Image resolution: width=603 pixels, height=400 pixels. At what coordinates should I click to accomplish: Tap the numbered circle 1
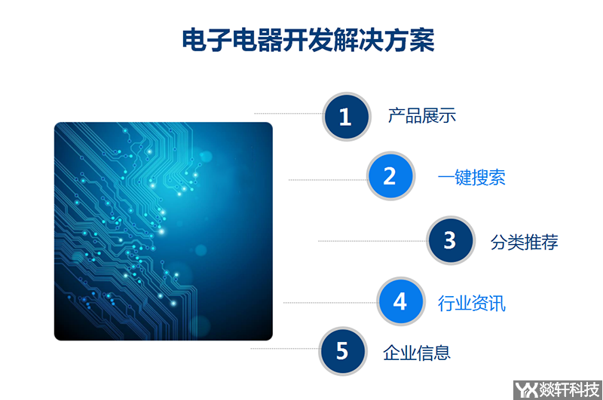tap(346, 117)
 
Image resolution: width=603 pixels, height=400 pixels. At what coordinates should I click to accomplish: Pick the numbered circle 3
tap(450, 240)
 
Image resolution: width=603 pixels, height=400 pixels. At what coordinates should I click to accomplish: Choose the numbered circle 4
tap(400, 301)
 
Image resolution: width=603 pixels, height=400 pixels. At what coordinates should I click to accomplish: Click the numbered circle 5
tap(342, 351)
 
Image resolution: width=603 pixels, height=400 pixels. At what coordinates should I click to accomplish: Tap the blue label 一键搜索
tap(472, 177)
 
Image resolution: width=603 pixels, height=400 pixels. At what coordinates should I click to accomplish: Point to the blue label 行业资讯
tap(472, 303)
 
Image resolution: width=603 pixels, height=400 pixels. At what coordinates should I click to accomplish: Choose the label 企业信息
tap(416, 352)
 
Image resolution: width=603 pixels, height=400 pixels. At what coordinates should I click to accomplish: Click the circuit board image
tap(163, 231)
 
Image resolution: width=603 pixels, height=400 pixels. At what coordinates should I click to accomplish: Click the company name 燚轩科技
tap(568, 389)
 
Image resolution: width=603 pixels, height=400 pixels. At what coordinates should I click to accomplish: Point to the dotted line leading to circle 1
tap(287, 114)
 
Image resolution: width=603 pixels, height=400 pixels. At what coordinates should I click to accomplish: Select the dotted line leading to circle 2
tap(326, 179)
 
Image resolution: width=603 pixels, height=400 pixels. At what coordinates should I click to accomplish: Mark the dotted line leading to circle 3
tap(371, 241)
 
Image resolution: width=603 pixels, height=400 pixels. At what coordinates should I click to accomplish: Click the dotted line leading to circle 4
tap(329, 302)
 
